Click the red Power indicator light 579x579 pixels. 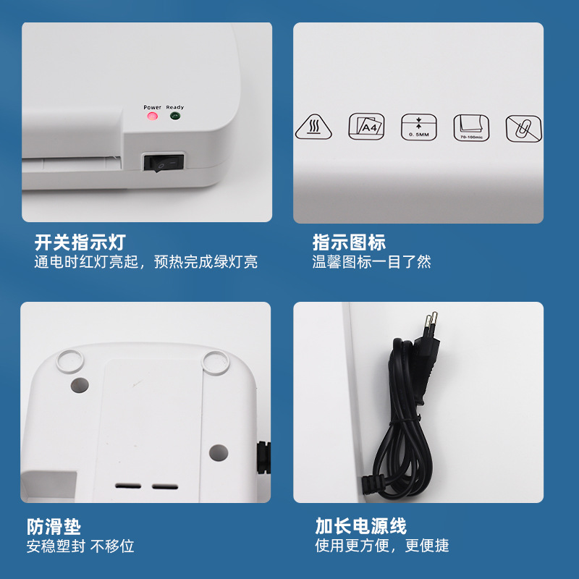[152, 116]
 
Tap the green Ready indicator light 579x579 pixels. [174, 116]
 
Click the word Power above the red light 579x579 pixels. [152, 107]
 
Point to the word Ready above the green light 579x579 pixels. [175, 107]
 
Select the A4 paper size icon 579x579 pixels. [367, 127]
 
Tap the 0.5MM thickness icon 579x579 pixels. [418, 127]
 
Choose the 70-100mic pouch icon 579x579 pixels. [470, 127]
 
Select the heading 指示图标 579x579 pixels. [349, 242]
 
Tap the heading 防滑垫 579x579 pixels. [54, 526]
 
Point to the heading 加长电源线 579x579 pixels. [360, 526]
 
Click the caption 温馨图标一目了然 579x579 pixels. [372, 262]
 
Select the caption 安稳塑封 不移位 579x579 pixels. [80, 546]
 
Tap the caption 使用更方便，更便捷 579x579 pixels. [381, 546]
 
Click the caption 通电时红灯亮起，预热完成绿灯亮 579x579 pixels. [145, 262]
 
